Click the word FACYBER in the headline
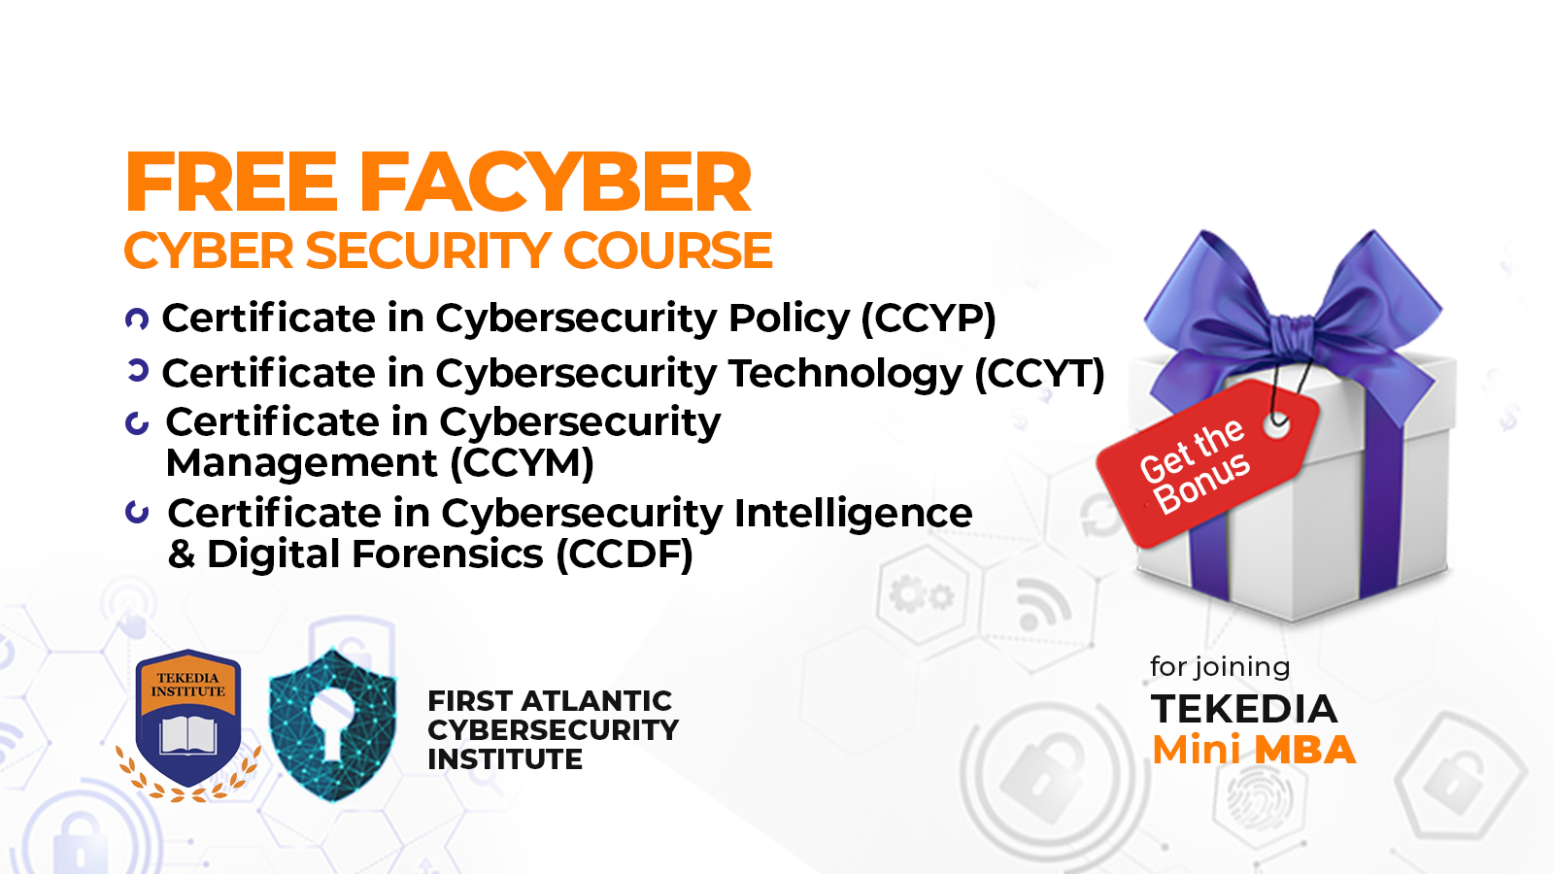click(x=555, y=182)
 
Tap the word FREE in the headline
click(x=231, y=182)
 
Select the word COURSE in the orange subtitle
click(x=667, y=251)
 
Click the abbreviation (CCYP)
click(x=929, y=319)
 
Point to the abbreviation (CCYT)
click(x=1039, y=374)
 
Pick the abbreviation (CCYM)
click(x=522, y=462)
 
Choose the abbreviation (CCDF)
click(x=625, y=555)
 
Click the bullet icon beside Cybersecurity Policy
click(x=137, y=319)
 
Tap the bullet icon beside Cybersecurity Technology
click(x=138, y=371)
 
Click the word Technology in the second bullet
click(x=846, y=374)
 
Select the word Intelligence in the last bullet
click(x=853, y=514)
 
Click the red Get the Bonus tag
click(x=1207, y=462)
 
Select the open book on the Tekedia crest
click(x=188, y=735)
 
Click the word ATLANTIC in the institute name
click(x=596, y=701)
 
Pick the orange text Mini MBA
click(x=1254, y=750)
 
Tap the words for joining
click(x=1220, y=667)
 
